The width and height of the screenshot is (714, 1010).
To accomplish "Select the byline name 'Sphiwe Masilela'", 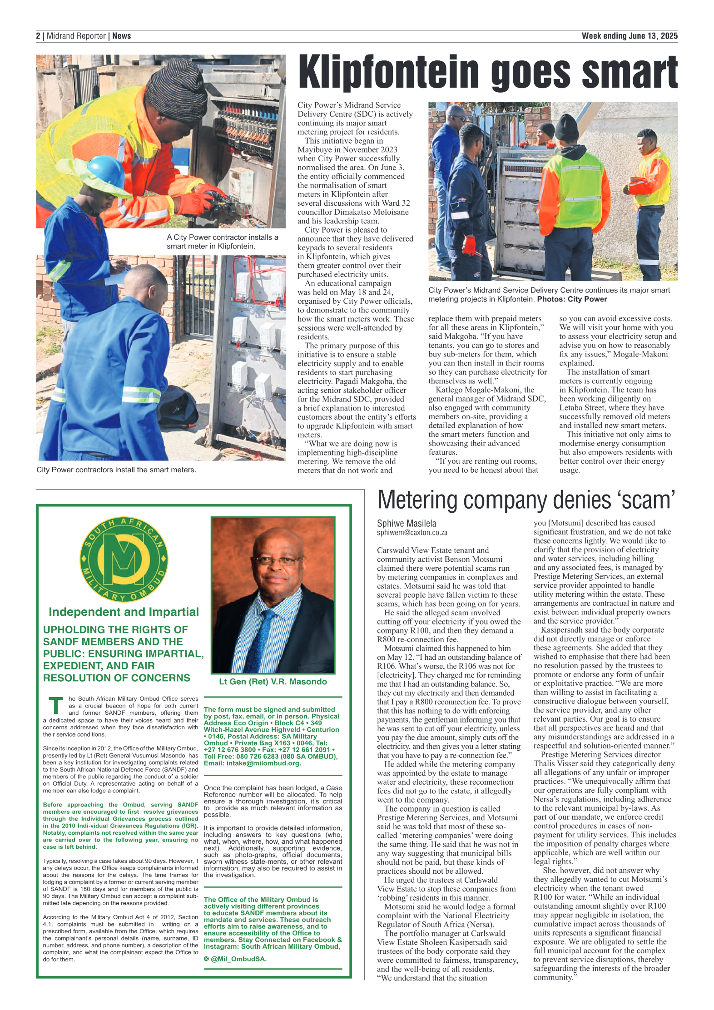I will (407, 523).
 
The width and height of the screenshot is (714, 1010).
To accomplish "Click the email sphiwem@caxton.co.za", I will (412, 533).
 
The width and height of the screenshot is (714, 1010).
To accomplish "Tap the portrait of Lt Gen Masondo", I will (273, 595).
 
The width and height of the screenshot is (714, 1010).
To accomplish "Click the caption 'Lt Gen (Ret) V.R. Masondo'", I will (273, 682).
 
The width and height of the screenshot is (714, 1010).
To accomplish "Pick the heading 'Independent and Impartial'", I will (124, 612).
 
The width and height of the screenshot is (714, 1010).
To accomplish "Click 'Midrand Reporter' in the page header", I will (76, 36).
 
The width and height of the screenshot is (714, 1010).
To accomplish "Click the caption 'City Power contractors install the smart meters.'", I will (116, 470).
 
